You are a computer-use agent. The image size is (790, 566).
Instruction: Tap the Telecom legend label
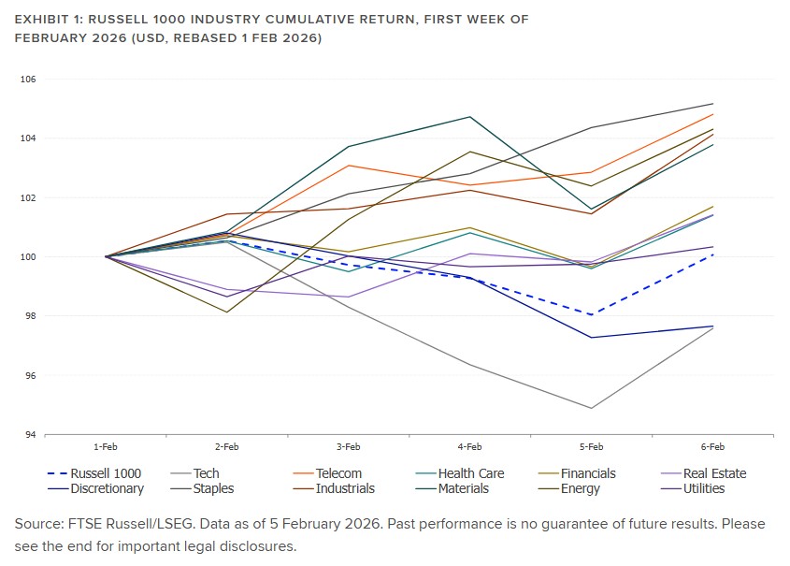point(338,473)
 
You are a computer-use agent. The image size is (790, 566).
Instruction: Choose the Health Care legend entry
point(471,473)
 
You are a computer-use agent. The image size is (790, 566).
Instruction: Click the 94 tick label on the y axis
point(29,435)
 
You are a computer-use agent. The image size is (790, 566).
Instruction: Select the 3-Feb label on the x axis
point(348,448)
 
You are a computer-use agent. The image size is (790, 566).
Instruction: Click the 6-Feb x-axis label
point(712,448)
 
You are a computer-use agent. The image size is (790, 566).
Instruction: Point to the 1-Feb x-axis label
point(106,448)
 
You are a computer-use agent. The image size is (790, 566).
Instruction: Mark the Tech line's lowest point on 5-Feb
point(591,408)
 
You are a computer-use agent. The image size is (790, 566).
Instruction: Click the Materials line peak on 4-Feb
point(469,117)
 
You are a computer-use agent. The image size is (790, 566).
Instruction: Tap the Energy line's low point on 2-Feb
point(226,312)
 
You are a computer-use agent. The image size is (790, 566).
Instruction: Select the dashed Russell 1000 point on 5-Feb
point(591,314)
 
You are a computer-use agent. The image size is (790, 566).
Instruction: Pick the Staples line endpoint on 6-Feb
point(712,104)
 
